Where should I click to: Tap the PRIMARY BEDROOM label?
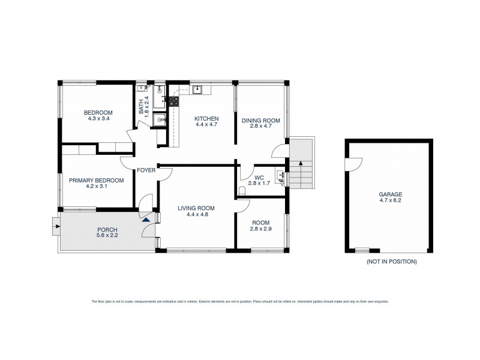tap(96, 181)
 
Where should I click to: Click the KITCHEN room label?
tap(206, 119)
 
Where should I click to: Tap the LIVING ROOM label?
tap(196, 208)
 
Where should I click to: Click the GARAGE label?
tap(390, 194)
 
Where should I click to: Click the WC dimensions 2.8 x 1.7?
tap(259, 184)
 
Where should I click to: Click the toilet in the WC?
tap(241, 190)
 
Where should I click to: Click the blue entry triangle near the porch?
tap(145, 219)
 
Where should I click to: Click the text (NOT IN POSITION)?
tap(391, 262)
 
